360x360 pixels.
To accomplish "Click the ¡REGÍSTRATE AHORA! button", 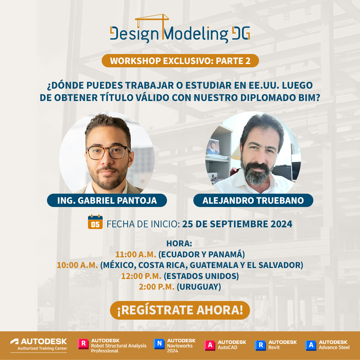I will tap(180, 310).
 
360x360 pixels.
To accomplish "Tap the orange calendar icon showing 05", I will tap(95, 222).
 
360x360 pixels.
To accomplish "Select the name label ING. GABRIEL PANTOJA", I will tap(107, 200).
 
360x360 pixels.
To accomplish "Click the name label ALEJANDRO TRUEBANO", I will tap(253, 200).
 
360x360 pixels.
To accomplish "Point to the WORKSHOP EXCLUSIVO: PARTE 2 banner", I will tap(180, 61).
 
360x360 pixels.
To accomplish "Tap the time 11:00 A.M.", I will tap(136, 254).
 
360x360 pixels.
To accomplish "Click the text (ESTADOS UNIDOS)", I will tap(201, 276).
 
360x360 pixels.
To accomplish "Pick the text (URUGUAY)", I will tap(199, 286).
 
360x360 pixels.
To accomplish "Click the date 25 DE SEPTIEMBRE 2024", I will tap(237, 224).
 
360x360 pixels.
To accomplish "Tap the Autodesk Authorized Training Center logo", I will tap(39, 345).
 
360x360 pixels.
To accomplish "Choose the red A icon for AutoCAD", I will tap(209, 345).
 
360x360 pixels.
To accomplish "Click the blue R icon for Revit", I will tap(260, 345).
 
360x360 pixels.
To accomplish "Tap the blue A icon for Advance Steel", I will tap(311, 345).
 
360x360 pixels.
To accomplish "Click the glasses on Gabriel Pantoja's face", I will tap(107, 152).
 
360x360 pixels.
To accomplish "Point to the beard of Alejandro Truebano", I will tap(255, 172).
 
